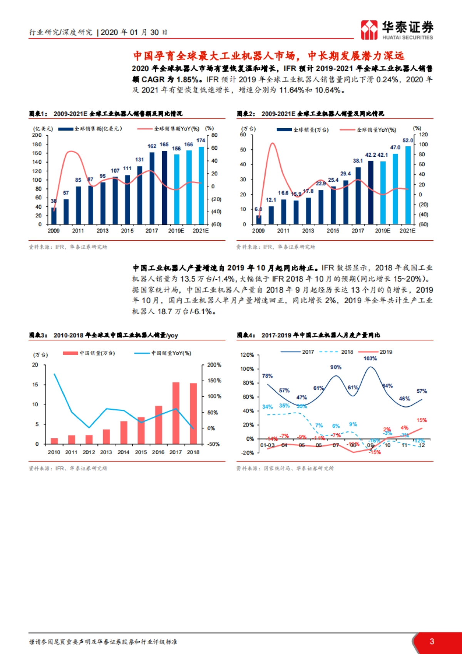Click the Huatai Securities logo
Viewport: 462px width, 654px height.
[397, 30]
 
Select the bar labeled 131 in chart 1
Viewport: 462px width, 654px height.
[139, 195]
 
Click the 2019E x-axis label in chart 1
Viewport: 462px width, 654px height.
[176, 231]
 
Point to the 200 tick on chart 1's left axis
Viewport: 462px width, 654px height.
[37, 135]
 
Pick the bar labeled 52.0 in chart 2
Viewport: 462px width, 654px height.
[408, 185]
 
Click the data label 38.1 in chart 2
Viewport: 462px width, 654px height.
[358, 161]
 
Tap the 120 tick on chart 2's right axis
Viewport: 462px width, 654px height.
[423, 134]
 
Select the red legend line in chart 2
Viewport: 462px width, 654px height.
[347, 130]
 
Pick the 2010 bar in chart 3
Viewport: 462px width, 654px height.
[54, 441]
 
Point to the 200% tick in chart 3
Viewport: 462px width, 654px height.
[214, 365]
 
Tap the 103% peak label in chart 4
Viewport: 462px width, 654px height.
[370, 359]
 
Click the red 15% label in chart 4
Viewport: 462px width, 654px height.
[421, 420]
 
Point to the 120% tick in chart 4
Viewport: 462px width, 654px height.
[247, 355]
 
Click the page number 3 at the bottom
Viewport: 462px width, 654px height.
[432, 641]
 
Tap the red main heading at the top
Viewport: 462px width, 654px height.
[268, 56]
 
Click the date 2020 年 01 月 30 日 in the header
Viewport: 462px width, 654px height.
[134, 32]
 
